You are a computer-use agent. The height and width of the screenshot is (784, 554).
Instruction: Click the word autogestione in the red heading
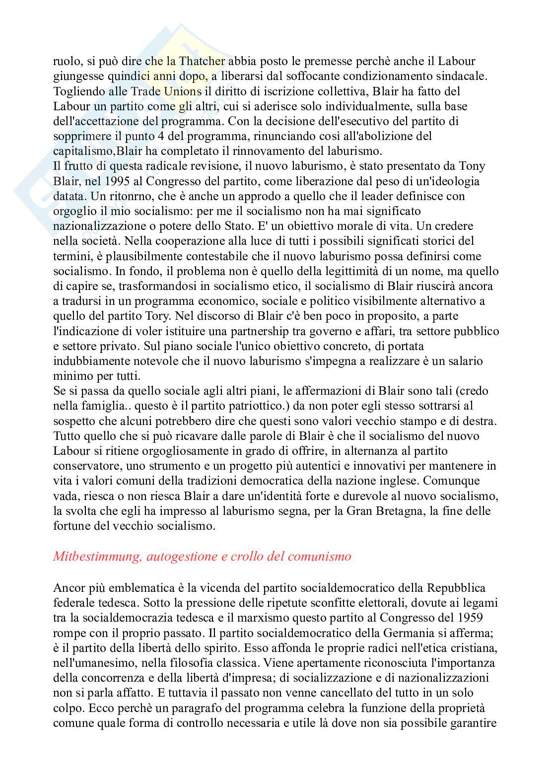(183, 557)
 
